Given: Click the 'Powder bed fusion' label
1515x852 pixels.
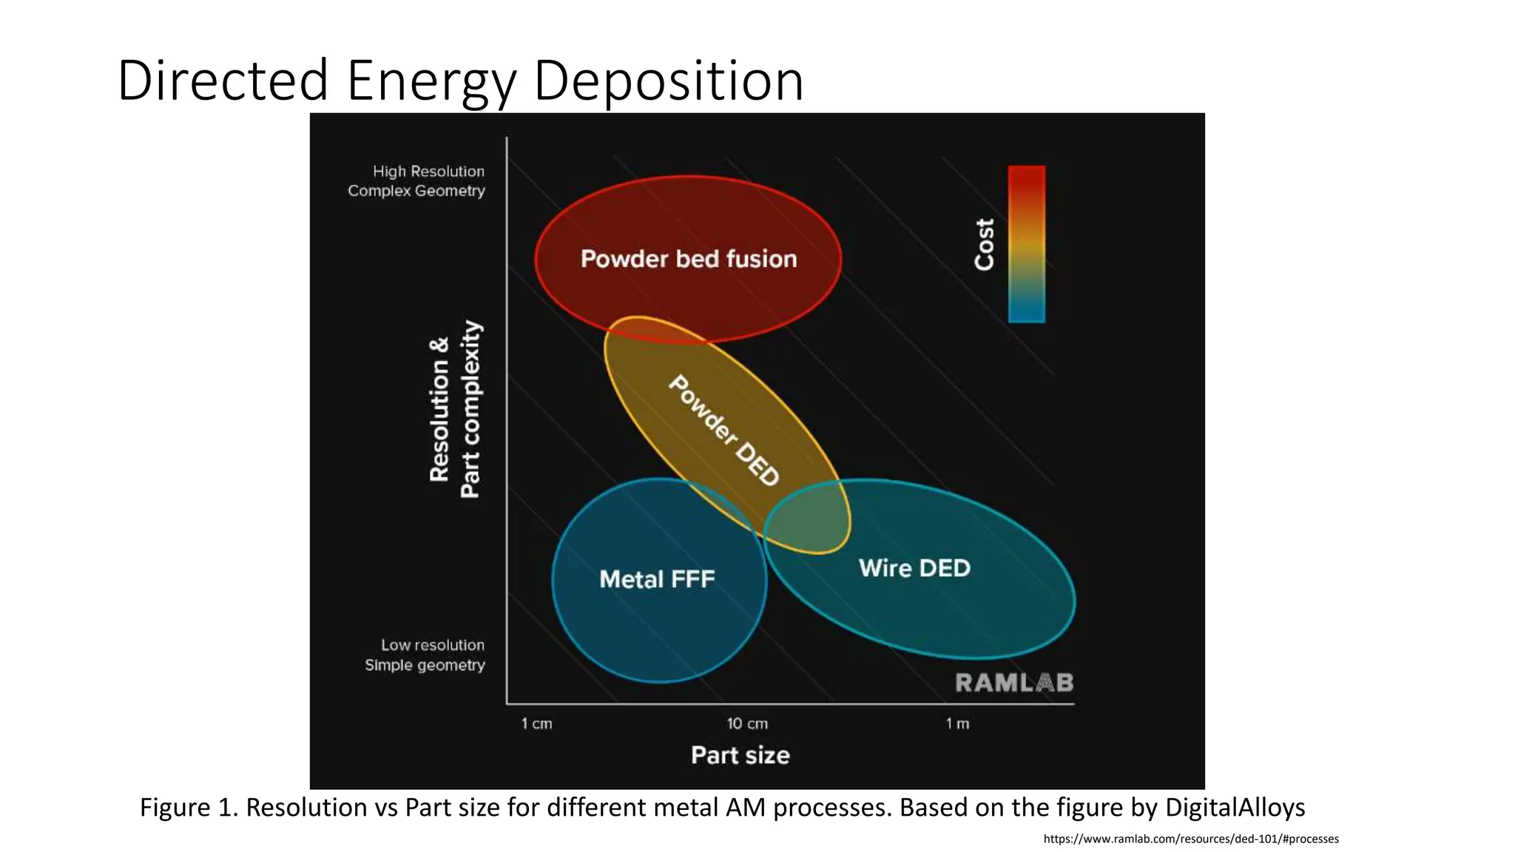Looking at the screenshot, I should (x=688, y=259).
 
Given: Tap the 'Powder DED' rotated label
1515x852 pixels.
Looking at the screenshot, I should (x=723, y=430).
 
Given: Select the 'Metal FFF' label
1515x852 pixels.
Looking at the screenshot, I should (x=657, y=579).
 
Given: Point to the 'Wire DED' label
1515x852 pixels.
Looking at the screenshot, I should (x=914, y=568).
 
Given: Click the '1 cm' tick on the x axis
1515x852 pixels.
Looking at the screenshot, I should (x=536, y=723).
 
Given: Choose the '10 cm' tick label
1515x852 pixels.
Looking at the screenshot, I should (x=747, y=723).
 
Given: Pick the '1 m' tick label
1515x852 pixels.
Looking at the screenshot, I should (x=957, y=723).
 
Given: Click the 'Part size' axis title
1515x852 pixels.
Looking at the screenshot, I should (x=740, y=755).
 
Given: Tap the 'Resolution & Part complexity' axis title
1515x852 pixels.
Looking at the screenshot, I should (x=455, y=410).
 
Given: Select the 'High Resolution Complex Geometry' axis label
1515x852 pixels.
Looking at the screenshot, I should (x=416, y=181).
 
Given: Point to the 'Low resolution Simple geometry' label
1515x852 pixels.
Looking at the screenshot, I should (x=425, y=655).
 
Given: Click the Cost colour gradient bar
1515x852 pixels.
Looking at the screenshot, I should (x=1027, y=244).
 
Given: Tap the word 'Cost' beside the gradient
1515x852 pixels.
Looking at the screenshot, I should (x=984, y=244).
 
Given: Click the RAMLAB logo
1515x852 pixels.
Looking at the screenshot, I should (x=1013, y=683).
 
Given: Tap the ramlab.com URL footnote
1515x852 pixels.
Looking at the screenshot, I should (x=1190, y=839).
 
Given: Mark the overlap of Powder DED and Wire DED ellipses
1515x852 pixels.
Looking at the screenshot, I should (x=806, y=518).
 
